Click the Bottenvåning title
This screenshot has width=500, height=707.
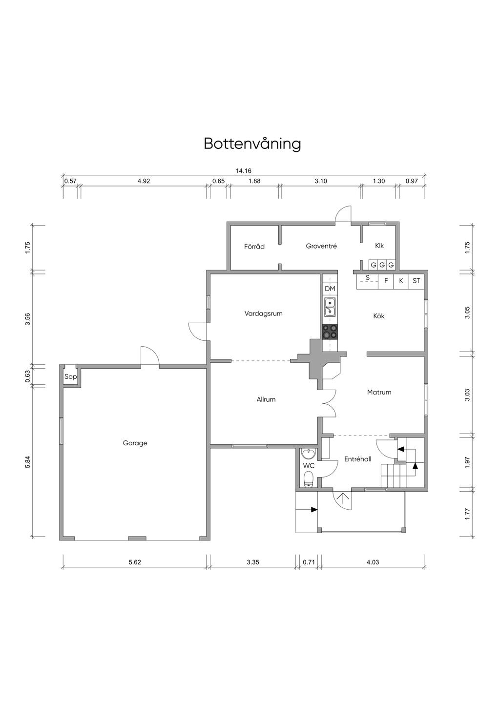[x=252, y=144]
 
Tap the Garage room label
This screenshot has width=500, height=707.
[x=135, y=443]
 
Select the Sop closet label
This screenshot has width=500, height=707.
[x=70, y=377]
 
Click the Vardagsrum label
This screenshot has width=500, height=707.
[x=263, y=314]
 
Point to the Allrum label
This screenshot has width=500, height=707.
[x=266, y=399]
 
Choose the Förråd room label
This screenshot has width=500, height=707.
[x=254, y=247]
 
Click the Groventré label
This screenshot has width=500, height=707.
[x=321, y=246]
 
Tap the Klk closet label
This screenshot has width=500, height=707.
[x=379, y=246]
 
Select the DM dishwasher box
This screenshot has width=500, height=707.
[x=330, y=289]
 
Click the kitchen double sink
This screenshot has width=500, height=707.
[x=330, y=307]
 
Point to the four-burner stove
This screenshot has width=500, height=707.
[x=330, y=332]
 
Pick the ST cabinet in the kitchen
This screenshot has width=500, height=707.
[x=417, y=281]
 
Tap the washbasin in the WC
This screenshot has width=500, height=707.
[x=308, y=454]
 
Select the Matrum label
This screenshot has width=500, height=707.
[x=379, y=393]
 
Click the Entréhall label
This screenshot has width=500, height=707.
[x=357, y=459]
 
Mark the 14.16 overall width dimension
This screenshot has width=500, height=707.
[x=243, y=171]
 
